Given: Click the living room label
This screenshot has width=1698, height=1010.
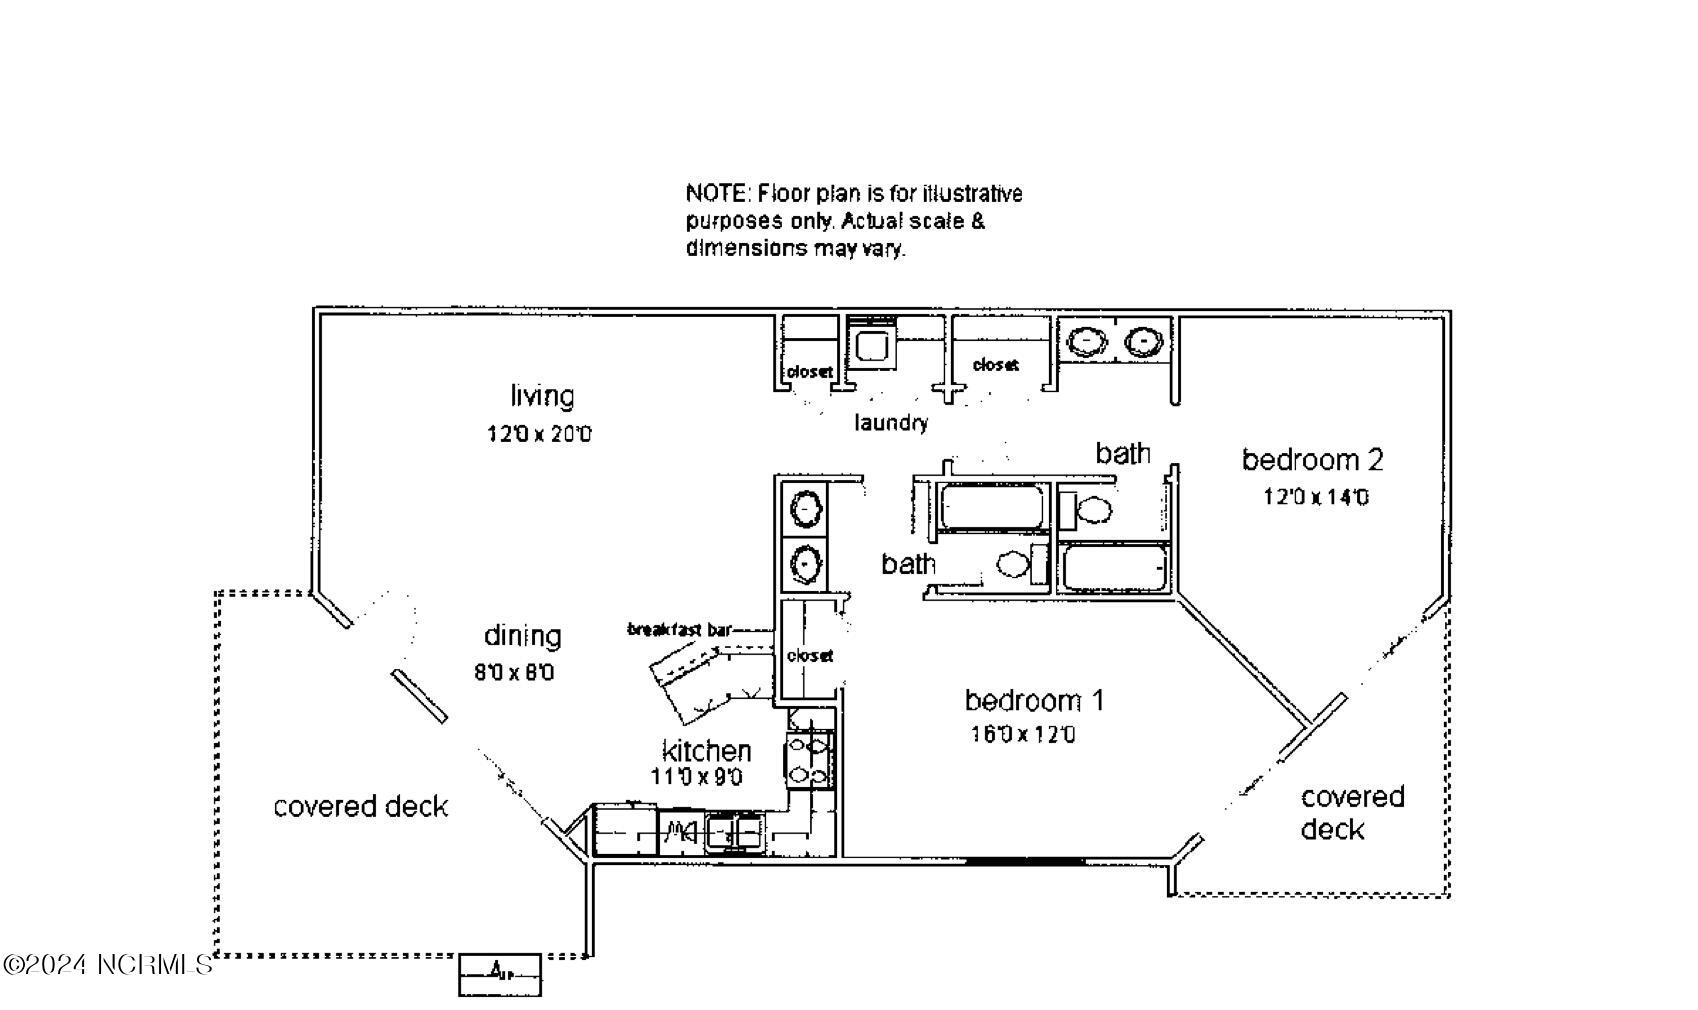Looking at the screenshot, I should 542,397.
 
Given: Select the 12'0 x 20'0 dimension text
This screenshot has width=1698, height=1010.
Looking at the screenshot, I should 539,435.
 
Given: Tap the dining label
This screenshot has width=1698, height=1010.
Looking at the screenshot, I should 522,636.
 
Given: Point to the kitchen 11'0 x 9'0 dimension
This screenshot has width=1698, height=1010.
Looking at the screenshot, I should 696,777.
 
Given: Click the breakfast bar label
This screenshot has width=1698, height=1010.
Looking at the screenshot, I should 679,629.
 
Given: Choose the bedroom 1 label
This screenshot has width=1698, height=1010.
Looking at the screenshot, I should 1033,700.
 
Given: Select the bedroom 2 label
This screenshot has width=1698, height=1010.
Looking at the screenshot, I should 1312,460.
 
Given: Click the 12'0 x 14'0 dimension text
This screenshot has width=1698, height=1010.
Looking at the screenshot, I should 1315,497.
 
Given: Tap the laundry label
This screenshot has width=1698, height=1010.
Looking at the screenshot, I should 890,423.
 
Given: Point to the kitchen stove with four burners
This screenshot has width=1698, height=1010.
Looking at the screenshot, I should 809,759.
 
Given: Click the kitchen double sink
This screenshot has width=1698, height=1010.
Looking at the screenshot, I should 734,830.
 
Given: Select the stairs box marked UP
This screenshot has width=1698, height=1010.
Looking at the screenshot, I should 499,973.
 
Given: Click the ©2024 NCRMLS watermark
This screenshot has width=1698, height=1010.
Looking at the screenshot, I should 107,965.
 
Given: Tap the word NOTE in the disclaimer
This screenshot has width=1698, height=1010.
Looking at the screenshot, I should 717,193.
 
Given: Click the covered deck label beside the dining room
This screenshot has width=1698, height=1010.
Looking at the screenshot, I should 360,807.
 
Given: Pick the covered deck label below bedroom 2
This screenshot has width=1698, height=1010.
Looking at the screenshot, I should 1350,813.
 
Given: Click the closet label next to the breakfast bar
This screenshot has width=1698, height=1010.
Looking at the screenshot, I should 809,656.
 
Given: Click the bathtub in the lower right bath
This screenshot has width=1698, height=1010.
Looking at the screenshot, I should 1114,568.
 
